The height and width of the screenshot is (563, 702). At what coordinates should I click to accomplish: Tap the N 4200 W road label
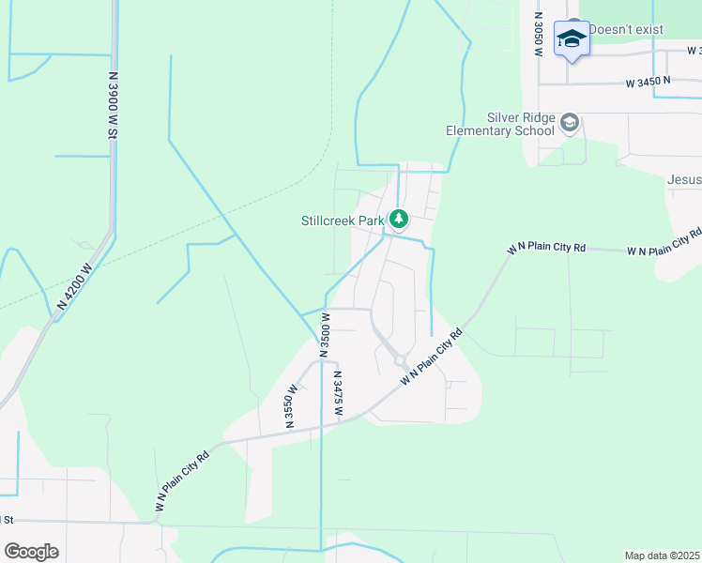point(76,285)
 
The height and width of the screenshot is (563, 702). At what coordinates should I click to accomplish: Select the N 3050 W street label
point(539,35)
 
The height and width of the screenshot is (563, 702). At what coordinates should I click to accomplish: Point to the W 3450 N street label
point(649,83)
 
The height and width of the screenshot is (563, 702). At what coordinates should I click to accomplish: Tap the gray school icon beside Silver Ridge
point(570,123)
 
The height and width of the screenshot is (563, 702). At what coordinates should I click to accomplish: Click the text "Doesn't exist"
point(626,29)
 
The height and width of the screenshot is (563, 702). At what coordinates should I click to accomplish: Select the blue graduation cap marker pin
point(571,39)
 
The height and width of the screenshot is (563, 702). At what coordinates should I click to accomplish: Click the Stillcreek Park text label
point(343,221)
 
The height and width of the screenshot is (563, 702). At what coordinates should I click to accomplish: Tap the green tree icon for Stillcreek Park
point(399,220)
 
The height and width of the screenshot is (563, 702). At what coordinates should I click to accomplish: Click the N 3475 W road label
point(338,391)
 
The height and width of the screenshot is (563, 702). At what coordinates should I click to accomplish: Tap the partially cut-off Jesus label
point(684,179)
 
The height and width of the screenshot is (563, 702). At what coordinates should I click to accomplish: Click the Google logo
point(31,552)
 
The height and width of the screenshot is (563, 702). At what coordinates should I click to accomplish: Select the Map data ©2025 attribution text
point(662,555)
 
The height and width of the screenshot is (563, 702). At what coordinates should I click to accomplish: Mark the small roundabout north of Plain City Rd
point(399,359)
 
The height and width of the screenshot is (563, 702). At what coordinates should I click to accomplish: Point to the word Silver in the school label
point(505,117)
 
